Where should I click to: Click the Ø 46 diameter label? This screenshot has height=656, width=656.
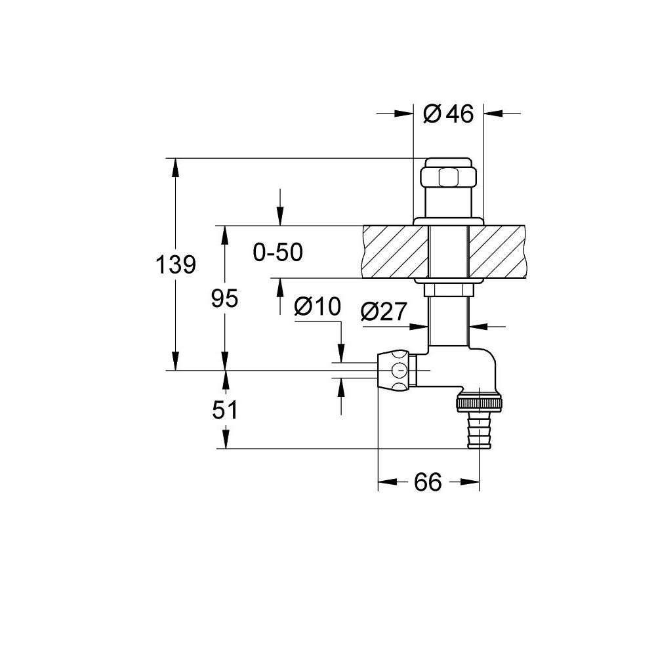point(448,113)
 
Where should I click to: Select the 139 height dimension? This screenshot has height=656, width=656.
point(176,265)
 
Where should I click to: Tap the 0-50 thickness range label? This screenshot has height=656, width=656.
point(277,253)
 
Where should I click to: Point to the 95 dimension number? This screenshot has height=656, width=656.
point(224,298)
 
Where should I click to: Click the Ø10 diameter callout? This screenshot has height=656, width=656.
point(318,306)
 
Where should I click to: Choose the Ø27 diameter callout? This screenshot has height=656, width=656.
point(384,312)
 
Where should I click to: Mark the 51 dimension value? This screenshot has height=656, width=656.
point(224,410)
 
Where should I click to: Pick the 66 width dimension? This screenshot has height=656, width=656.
point(428,482)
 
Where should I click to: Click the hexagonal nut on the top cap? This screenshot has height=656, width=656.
point(447,177)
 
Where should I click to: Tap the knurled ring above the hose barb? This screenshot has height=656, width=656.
point(479,403)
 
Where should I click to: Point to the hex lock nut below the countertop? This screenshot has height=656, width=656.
point(449,289)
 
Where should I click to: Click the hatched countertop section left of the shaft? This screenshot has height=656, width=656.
point(396,252)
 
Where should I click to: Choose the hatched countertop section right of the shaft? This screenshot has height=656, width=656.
point(498,252)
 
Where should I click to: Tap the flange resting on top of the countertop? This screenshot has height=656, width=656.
point(448,222)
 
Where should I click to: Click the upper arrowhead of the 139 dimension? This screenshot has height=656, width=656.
point(176,167)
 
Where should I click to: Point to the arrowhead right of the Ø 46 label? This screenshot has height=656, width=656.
point(493,113)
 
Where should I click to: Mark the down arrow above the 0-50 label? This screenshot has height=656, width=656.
point(280,216)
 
